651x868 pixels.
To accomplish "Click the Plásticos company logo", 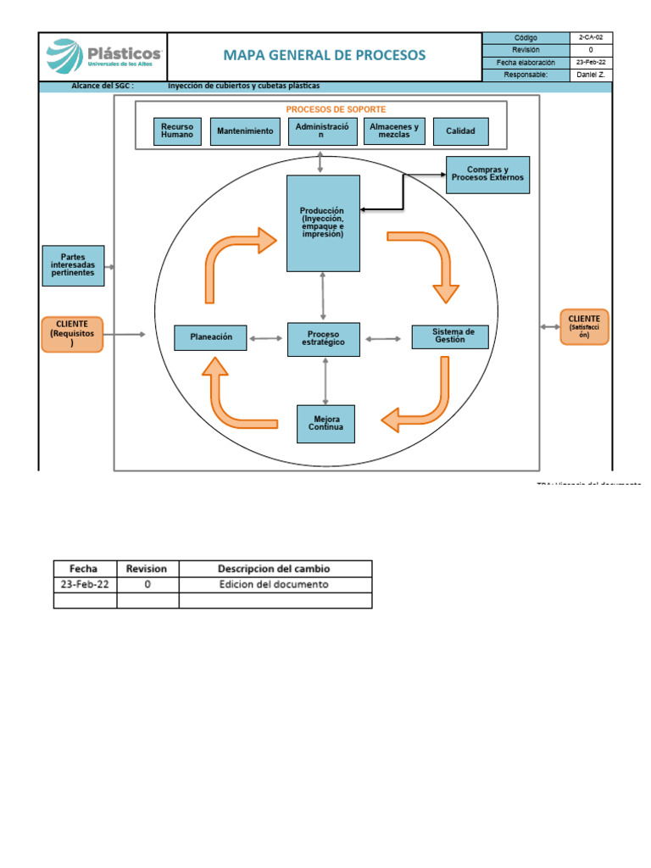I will pyautogui.click(x=103, y=57).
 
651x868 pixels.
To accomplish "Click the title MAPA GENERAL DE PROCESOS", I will pyautogui.click(x=325, y=56).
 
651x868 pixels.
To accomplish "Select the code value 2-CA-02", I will pyautogui.click(x=591, y=38).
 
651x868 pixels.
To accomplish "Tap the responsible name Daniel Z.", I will pyautogui.click(x=591, y=75).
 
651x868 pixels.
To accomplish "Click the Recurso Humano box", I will pyautogui.click(x=177, y=131).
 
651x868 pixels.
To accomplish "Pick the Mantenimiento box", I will pyautogui.click(x=245, y=131).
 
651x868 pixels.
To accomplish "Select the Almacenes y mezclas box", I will pyautogui.click(x=394, y=131).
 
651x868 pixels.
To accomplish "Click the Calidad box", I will pyautogui.click(x=460, y=131).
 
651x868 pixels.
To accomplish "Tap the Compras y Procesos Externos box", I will pyautogui.click(x=487, y=175).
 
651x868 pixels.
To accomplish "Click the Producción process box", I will pyautogui.click(x=323, y=223).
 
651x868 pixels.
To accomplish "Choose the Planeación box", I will pyautogui.click(x=209, y=337).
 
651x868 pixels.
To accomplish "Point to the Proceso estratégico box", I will pyautogui.click(x=323, y=337).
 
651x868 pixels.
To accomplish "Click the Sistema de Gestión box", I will pyautogui.click(x=450, y=337).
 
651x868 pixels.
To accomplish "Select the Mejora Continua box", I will pyautogui.click(x=325, y=424).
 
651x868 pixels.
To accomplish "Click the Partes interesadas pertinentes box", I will pyautogui.click(x=73, y=265).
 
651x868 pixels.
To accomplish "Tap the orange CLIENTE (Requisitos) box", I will pyautogui.click(x=73, y=334).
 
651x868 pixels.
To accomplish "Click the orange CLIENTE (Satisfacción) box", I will pyautogui.click(x=584, y=327).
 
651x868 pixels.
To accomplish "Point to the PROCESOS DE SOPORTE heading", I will pyautogui.click(x=336, y=110).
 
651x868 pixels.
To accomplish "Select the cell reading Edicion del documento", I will pyautogui.click(x=274, y=584).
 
